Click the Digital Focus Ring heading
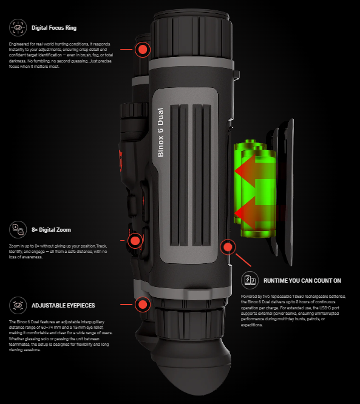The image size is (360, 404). tap(54, 28)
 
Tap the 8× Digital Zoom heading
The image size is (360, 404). tap(51, 230)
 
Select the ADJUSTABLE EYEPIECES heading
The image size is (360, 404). tap(63, 306)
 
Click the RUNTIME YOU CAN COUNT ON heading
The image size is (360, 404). tap(302, 281)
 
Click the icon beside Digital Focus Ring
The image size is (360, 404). tap(18, 27)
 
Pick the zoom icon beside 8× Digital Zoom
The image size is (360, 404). tap(18, 229)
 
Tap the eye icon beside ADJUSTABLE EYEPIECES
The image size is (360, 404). tap(18, 305)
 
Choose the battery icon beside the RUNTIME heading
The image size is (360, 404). tap(250, 280)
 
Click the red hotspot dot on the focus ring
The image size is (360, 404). tap(143, 49)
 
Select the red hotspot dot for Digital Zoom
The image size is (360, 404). tap(135, 241)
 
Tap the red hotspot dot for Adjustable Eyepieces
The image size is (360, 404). tap(143, 305)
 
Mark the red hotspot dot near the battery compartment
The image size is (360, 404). tap(228, 247)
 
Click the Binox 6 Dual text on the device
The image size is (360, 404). tap(160, 132)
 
